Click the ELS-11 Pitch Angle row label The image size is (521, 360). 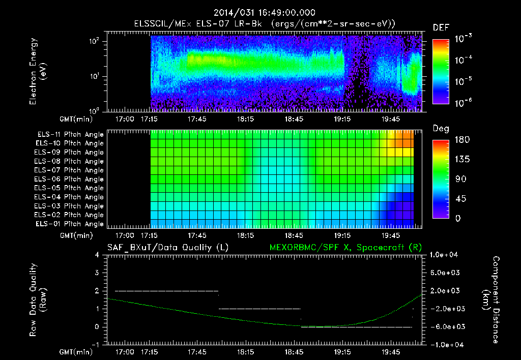69,135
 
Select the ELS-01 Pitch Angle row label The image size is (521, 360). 69,224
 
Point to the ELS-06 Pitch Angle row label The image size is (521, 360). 69,179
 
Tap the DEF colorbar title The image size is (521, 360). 441,27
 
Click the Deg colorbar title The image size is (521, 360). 441,129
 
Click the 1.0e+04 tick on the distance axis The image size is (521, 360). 445,255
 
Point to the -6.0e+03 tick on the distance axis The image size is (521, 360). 445,326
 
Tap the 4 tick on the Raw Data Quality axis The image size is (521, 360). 97,255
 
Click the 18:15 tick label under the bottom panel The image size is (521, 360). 246,351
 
